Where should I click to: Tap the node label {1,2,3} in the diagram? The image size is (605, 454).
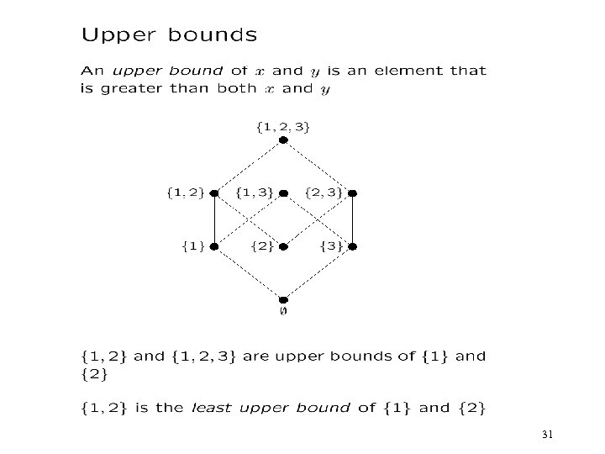282,127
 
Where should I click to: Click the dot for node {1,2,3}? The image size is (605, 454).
283,140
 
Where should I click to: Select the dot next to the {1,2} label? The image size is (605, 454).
214,193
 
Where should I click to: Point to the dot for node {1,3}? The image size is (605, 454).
284,193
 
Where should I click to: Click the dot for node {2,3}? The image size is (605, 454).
353,193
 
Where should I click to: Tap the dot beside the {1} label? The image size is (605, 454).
214,247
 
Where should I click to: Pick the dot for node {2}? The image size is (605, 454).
284,247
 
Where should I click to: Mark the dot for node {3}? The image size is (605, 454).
353,247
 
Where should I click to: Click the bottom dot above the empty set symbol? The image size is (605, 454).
283,299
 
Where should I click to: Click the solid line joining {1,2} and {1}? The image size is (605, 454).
214,219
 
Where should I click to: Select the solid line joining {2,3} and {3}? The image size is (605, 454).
353,219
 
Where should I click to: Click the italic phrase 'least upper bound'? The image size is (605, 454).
270,409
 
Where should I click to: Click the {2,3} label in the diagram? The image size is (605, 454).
323,193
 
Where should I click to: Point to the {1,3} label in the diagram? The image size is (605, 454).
255,193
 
